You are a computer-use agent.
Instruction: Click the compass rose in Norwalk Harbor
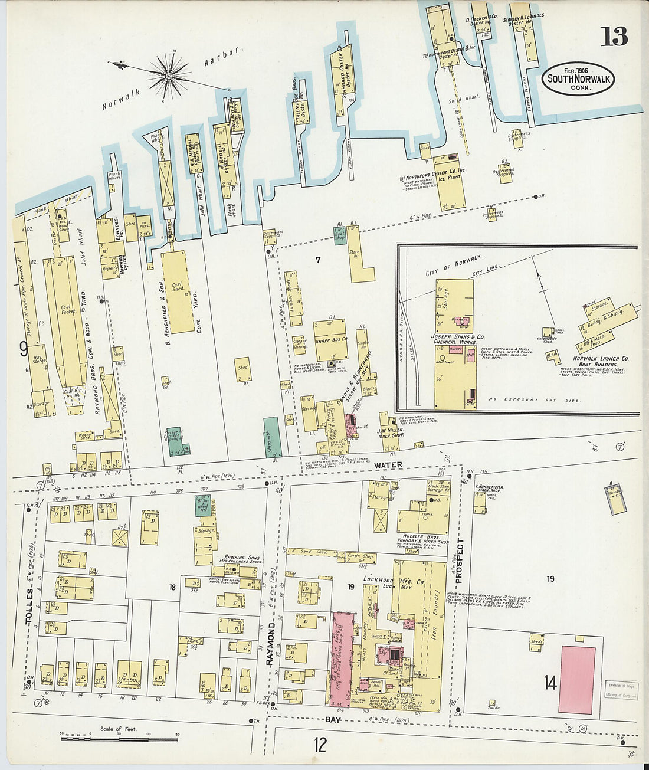(x=168, y=75)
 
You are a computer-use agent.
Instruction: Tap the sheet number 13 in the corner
(x=614, y=37)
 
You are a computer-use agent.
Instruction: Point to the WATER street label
(x=389, y=465)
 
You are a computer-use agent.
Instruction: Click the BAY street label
(x=334, y=720)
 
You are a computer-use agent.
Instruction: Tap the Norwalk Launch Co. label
(x=601, y=358)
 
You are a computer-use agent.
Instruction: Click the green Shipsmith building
(x=271, y=437)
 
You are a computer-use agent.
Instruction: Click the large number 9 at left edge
(x=24, y=349)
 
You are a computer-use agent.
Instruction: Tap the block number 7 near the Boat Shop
(x=317, y=259)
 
